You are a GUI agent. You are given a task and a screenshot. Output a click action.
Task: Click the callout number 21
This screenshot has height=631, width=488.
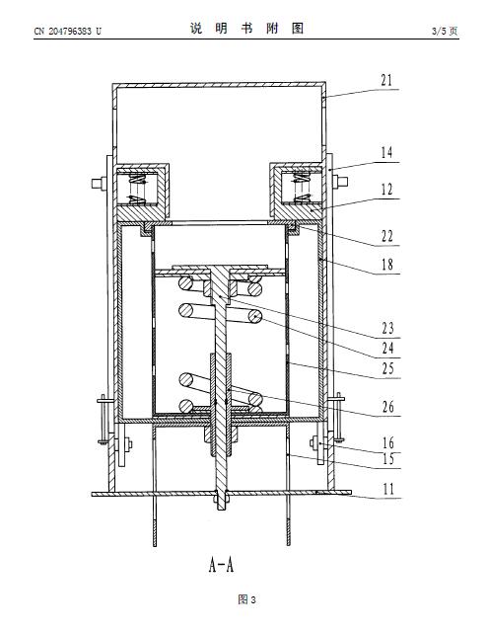tap(386, 81)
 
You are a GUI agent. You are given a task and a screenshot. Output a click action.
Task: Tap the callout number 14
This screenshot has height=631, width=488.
tap(386, 152)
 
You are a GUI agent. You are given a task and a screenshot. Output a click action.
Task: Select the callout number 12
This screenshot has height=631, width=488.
tap(386, 190)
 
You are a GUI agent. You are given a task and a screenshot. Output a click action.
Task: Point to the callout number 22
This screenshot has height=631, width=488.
tap(386, 236)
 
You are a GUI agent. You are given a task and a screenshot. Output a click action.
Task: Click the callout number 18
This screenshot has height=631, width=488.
tap(387, 265)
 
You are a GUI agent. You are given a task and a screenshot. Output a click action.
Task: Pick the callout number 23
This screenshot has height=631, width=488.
tap(387, 329)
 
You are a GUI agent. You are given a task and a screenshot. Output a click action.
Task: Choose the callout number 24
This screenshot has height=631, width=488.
tap(387, 349)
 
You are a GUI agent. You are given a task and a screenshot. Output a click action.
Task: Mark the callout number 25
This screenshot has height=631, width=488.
tap(387, 368)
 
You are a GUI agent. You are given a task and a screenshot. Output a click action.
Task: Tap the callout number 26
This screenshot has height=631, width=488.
tap(388, 407)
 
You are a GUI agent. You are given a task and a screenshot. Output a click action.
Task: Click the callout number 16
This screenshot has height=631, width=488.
tap(388, 442)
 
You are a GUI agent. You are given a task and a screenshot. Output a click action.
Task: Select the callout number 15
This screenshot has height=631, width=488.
tap(388, 458)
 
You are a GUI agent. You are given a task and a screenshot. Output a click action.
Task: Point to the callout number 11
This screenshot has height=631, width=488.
tap(388, 489)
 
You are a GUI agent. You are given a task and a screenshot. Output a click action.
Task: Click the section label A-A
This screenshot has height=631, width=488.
tap(221, 564)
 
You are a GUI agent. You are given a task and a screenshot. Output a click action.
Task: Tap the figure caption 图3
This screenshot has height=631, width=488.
tap(246, 599)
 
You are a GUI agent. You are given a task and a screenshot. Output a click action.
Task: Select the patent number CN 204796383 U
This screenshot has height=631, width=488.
tap(67, 31)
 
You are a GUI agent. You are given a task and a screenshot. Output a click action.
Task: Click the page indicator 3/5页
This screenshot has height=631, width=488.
tap(445, 31)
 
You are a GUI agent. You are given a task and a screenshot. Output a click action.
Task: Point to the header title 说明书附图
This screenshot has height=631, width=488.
tap(246, 29)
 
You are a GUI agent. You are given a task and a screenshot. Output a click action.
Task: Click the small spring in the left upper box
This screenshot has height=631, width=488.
tap(137, 189)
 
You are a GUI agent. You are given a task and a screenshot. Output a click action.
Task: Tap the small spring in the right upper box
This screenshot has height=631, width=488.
tap(302, 188)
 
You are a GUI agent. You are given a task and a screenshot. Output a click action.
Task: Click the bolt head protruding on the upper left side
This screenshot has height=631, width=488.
tap(97, 184)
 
